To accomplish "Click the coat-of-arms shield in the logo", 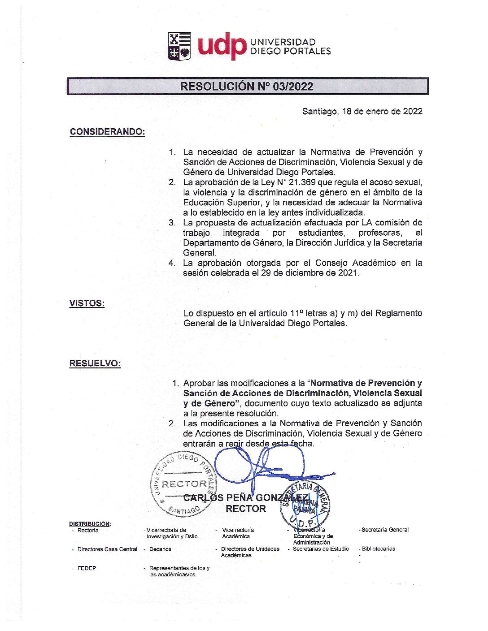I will click(x=179, y=46).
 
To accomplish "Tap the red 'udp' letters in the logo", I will click(x=222, y=46).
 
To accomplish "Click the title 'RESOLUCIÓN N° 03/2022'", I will click(x=247, y=86).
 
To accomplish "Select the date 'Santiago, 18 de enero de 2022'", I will click(x=362, y=111).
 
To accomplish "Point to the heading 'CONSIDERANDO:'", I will click(x=107, y=132).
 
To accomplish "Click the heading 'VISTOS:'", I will click(x=87, y=303).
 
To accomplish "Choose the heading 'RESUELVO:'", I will click(x=95, y=363).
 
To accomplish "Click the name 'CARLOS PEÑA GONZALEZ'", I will click(x=246, y=497).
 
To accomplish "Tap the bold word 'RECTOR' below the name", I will click(x=246, y=509).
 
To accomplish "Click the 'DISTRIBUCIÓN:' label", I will click(x=90, y=523).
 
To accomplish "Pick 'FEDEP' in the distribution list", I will click(x=87, y=568).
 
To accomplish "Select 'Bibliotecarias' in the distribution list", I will click(x=379, y=549).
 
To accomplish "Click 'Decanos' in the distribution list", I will click(x=160, y=549).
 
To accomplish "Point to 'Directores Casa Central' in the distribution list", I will click(x=107, y=549).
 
